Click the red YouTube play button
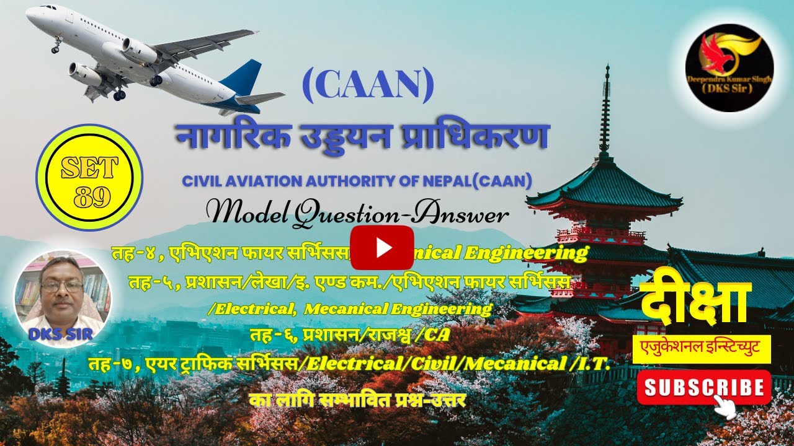click(381, 248)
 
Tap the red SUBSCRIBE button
click(703, 387)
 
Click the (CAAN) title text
click(368, 87)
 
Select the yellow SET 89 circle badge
click(89, 178)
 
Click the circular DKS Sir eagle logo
click(729, 68)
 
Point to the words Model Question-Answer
click(360, 215)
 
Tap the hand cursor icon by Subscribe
click(725, 406)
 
